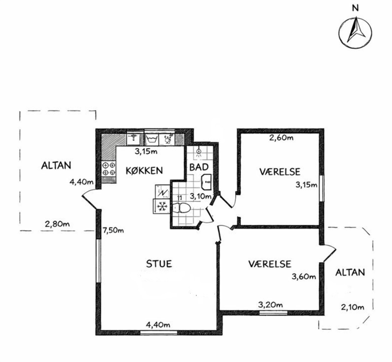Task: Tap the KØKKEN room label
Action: (144, 170)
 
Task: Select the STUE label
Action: (159, 264)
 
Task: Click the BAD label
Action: (199, 167)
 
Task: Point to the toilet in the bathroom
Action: (182, 207)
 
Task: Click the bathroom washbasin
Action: (206, 182)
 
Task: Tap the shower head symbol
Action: (199, 152)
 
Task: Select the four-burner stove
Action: (109, 169)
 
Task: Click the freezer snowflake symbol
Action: (162, 206)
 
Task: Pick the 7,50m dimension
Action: (113, 230)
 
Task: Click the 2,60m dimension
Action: (281, 138)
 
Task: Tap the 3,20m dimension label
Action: (271, 305)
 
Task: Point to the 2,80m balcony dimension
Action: (57, 223)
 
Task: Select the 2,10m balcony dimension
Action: (352, 307)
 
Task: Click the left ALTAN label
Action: (56, 166)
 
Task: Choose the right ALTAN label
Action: (350, 272)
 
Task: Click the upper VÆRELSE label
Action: (280, 172)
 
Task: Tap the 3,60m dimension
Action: (304, 277)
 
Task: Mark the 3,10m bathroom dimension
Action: (200, 196)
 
